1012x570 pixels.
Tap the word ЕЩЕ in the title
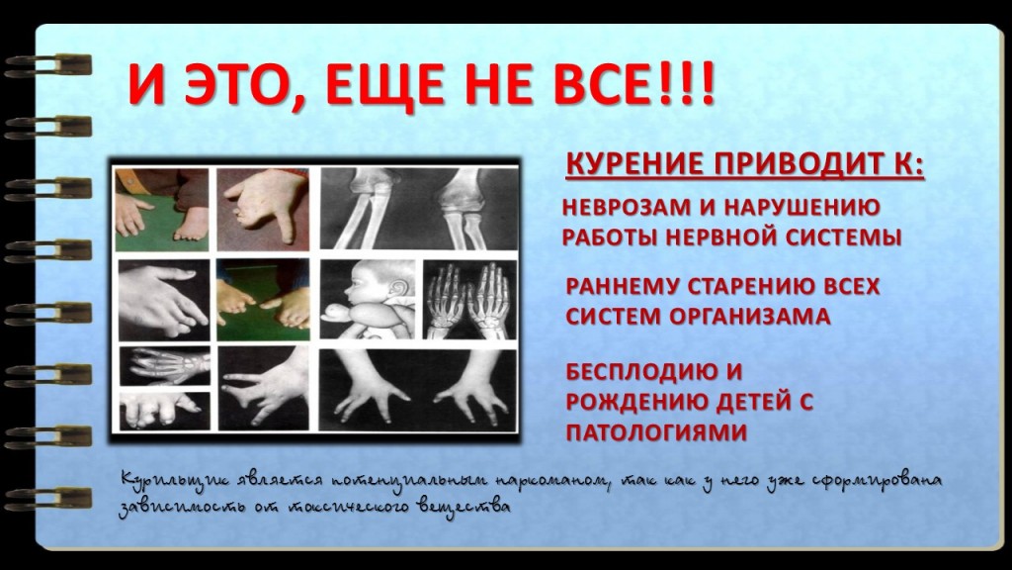pos(377,84)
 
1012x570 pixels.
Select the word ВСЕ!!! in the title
pos(634,84)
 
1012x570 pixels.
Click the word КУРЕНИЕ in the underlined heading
pos(633,164)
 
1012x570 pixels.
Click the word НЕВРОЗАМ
pos(626,208)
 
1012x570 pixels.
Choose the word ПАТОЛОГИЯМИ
pos(656,432)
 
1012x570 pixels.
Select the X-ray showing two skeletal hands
pos(469,300)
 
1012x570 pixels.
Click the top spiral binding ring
pos(47,65)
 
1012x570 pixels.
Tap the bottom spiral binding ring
pos(47,499)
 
